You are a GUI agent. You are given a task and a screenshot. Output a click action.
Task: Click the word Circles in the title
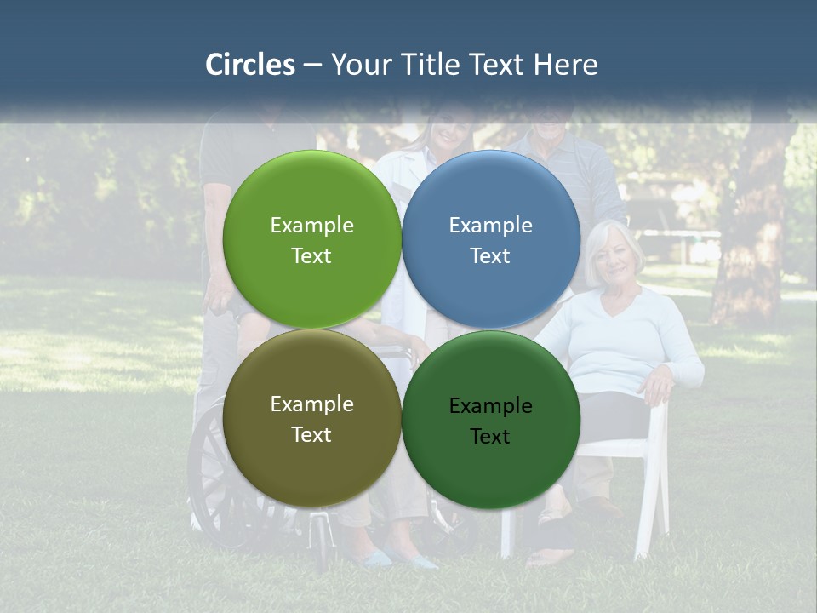pos(249,65)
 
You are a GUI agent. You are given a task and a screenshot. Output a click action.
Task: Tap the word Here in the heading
pos(565,65)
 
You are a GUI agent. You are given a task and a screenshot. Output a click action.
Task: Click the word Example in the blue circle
pos(491,226)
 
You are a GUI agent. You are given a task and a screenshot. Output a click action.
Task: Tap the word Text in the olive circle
pos(311,435)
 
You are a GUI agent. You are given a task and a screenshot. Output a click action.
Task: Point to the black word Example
pos(491,406)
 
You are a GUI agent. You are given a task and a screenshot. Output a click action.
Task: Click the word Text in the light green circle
pos(311,256)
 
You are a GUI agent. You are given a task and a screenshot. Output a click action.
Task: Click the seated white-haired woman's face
pos(614,256)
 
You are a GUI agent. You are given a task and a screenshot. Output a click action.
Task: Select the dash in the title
pos(312,65)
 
